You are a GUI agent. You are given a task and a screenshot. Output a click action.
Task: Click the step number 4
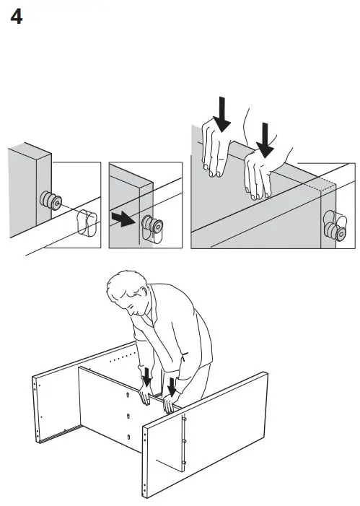click(16, 17)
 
